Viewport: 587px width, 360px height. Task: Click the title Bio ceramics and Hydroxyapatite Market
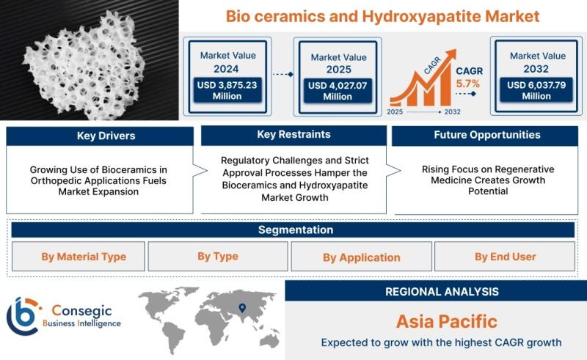click(x=382, y=16)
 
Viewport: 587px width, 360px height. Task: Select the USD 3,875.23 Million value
click(x=227, y=90)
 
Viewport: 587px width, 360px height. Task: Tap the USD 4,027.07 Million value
click(x=338, y=91)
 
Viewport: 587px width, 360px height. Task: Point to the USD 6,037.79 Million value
click(x=536, y=90)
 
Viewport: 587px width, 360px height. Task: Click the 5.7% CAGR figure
click(x=468, y=84)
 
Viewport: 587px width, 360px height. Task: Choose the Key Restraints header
click(x=294, y=135)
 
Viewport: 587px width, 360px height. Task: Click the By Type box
click(x=218, y=257)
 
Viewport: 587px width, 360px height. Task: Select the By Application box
click(x=362, y=257)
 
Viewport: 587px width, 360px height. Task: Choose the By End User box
click(x=505, y=257)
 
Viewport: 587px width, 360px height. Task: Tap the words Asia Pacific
click(x=447, y=321)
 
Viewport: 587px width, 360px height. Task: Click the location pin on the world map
click(x=242, y=308)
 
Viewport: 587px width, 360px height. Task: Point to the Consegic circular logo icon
click(x=23, y=316)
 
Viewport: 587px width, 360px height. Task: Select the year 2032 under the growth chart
click(x=452, y=112)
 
